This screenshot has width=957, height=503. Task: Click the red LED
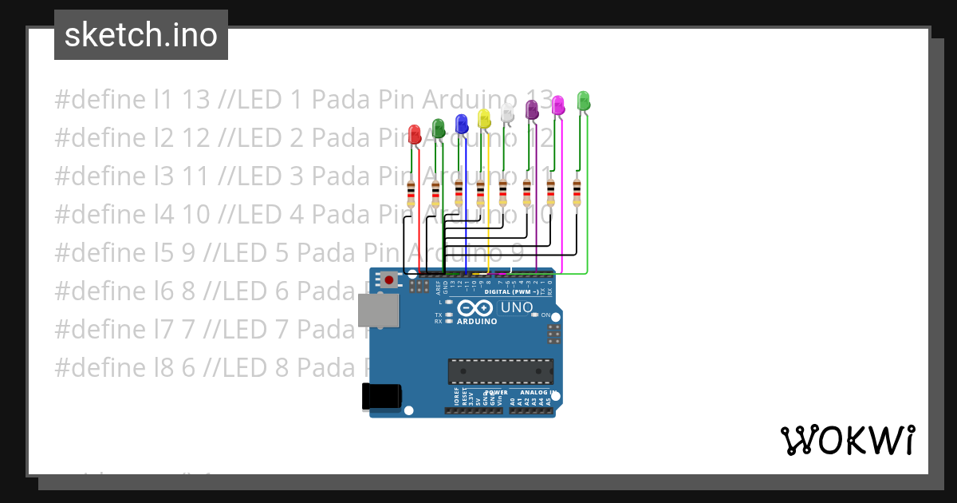tap(414, 134)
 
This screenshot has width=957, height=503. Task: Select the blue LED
tap(461, 123)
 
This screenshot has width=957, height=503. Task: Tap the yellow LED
tap(483, 118)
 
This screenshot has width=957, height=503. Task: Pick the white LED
tap(507, 113)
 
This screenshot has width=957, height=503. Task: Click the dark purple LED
tap(532, 110)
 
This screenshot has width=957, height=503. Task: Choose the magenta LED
tap(558, 104)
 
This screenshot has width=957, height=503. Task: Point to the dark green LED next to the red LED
tap(438, 127)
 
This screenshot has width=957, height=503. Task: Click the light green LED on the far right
tap(583, 100)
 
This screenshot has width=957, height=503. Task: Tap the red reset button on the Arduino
tap(388, 279)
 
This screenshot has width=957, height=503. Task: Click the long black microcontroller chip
tap(500, 372)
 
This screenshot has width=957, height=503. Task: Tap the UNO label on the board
tap(516, 307)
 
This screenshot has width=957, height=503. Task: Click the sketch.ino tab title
tap(141, 35)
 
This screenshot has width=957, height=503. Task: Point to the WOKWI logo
tap(847, 440)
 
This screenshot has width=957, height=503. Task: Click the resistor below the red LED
tap(411, 194)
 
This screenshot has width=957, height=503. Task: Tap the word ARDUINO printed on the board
tap(477, 321)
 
